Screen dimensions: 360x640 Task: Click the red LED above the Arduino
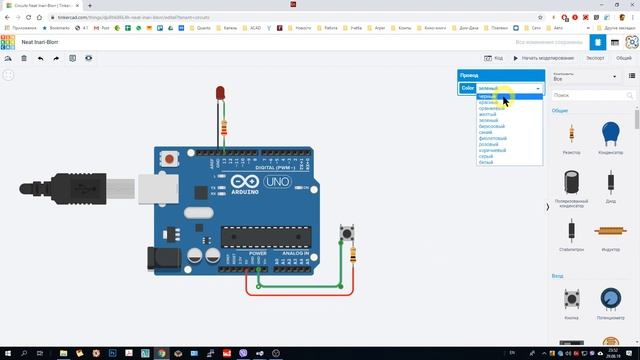tap(219, 94)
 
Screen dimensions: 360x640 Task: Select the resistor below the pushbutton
tap(353, 256)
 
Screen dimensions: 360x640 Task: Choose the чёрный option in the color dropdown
tap(488, 96)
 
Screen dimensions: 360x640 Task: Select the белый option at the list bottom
tap(486, 162)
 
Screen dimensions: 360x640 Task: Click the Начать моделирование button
tap(546, 58)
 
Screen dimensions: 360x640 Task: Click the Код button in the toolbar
tap(495, 58)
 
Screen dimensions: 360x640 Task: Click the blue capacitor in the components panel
tap(609, 132)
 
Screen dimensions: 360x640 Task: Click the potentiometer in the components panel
tap(609, 299)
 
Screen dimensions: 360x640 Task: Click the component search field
tap(590, 94)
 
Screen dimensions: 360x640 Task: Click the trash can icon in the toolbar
tap(24, 58)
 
